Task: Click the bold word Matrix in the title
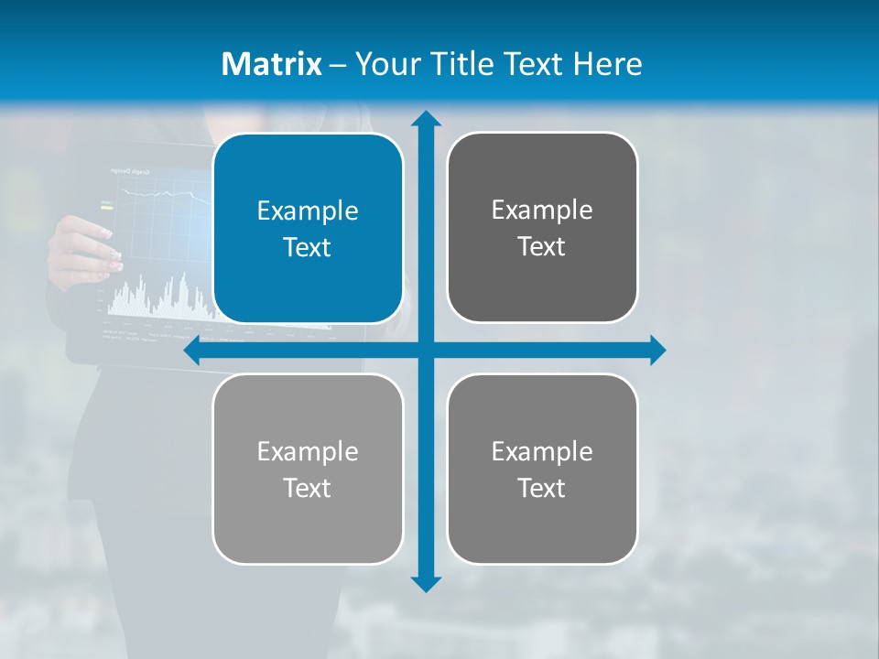pyautogui.click(x=271, y=64)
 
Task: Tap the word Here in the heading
pyautogui.click(x=607, y=64)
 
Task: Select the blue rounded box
pyautogui.click(x=308, y=228)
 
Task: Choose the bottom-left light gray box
pyautogui.click(x=308, y=469)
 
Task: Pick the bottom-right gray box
pyautogui.click(x=542, y=469)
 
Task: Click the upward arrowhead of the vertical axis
pyautogui.click(x=426, y=119)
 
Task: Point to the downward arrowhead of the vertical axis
pyautogui.click(x=426, y=584)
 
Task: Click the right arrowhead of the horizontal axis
pyautogui.click(x=657, y=351)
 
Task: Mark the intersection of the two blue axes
pyautogui.click(x=426, y=351)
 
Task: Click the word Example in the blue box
pyautogui.click(x=308, y=211)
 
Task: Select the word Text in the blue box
pyautogui.click(x=308, y=247)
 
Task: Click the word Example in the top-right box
pyautogui.click(x=542, y=211)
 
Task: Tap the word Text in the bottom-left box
pyautogui.click(x=308, y=488)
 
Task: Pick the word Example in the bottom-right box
pyautogui.click(x=542, y=451)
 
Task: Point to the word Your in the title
pyautogui.click(x=379, y=64)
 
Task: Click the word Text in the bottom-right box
pyautogui.click(x=542, y=488)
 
